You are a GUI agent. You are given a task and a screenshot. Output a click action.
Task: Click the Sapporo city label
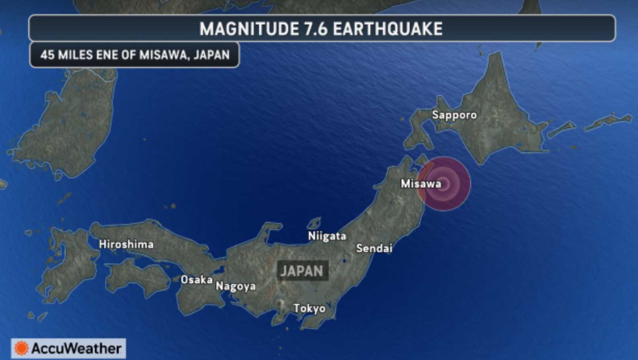(x=454, y=115)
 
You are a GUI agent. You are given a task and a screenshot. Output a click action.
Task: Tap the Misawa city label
(x=421, y=184)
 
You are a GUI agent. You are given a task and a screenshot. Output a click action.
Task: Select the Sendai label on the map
(x=374, y=248)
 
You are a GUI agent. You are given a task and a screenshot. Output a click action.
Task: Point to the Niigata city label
(x=327, y=236)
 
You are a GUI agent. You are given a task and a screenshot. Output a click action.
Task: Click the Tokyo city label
(x=309, y=308)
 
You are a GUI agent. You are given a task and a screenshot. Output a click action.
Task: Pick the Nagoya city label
(x=236, y=286)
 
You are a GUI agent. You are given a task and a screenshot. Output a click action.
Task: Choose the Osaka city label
(x=197, y=280)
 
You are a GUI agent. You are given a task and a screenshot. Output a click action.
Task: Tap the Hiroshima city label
(x=126, y=244)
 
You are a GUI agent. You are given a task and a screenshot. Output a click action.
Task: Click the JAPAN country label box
(x=302, y=271)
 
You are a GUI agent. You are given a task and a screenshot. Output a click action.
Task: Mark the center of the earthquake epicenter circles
(x=443, y=184)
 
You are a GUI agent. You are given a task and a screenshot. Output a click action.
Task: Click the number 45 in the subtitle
(x=47, y=55)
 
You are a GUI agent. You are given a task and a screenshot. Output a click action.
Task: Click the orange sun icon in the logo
(x=21, y=348)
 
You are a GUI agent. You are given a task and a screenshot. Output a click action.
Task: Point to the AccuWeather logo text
(x=76, y=348)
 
